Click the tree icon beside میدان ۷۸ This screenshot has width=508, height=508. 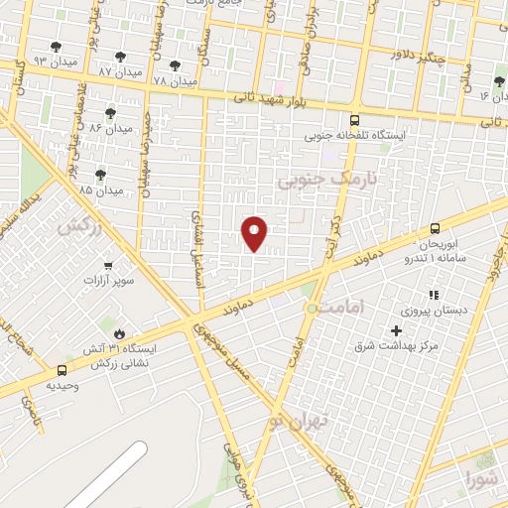[x=186, y=62]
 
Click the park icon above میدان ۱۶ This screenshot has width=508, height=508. [x=498, y=81]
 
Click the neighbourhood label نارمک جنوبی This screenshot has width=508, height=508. [x=316, y=181]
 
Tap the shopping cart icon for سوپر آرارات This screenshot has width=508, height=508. [x=108, y=265]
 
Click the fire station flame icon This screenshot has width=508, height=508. [x=120, y=333]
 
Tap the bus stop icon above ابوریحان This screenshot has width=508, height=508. [x=435, y=228]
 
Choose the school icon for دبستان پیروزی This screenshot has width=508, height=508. [x=433, y=295]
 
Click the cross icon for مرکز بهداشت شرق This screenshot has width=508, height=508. [x=397, y=330]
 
